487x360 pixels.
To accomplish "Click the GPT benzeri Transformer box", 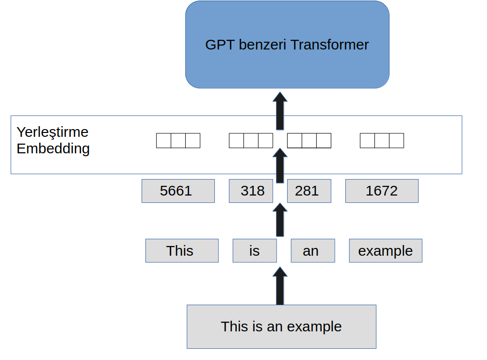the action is pos(287,45).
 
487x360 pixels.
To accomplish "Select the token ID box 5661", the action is pos(179,191).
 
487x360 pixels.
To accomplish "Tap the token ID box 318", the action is pos(251,191).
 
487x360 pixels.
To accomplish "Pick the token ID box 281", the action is pos(309,191).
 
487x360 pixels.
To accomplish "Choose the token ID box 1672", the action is pos(382,191).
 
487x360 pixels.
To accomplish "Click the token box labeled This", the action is pos(182,251).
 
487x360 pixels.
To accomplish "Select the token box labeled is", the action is pos(255,251).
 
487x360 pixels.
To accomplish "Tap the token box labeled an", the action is pos(313,251).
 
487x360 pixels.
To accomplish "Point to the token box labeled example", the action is pos(386,251).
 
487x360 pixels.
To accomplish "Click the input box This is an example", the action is pos(281,327).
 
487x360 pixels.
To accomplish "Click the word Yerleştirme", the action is pos(52,132).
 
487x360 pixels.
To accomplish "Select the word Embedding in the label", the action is pos(53,149).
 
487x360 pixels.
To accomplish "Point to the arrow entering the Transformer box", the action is pos(280,111).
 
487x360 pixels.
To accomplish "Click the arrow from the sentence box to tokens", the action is pos(280,286).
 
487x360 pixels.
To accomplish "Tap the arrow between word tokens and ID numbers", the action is pos(280,220).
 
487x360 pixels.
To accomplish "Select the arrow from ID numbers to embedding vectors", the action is pos(280,165).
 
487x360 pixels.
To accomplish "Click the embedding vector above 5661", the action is pos(179,141).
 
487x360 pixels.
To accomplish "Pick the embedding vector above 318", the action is pos(251,141).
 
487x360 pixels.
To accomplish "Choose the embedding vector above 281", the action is pos(309,141).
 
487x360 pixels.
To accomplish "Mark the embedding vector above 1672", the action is pos(382,141).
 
